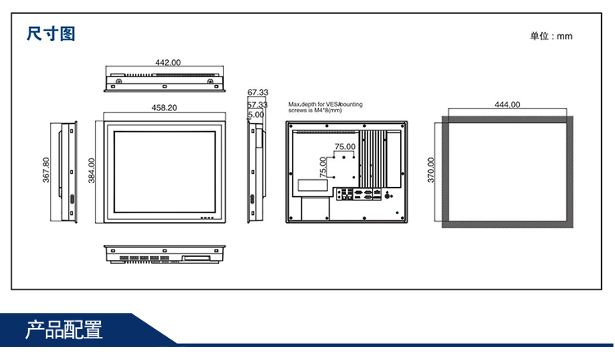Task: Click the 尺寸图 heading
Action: [x=51, y=34]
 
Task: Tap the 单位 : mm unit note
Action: [x=551, y=36]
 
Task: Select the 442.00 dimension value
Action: [x=168, y=62]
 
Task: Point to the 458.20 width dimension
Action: [x=164, y=107]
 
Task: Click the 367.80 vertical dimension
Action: [x=46, y=170]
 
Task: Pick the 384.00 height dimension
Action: [x=91, y=171]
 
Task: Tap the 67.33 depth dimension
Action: [x=257, y=93]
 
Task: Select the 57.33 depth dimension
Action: [x=257, y=105]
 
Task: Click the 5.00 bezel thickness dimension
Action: [x=256, y=115]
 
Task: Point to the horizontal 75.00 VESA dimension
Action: [x=344, y=147]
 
